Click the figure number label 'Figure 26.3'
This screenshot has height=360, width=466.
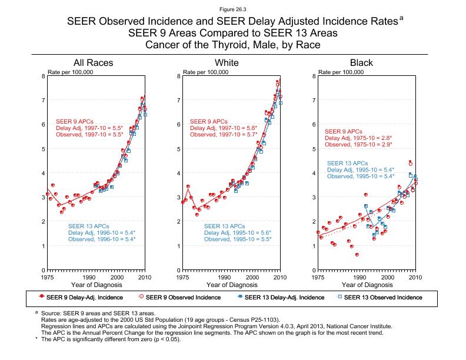(x=232, y=10)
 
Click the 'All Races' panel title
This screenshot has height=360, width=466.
(x=93, y=63)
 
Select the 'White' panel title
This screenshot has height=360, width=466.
(x=227, y=63)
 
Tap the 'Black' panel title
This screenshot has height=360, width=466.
(x=361, y=63)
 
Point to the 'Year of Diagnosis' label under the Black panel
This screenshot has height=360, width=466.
(x=367, y=285)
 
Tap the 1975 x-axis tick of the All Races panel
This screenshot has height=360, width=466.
(x=48, y=276)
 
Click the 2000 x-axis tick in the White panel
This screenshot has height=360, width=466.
(x=252, y=276)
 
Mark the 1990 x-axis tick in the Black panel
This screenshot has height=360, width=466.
(x=359, y=276)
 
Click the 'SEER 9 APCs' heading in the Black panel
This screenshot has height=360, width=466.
(x=344, y=132)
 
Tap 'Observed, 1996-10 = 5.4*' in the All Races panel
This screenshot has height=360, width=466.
(x=102, y=239)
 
